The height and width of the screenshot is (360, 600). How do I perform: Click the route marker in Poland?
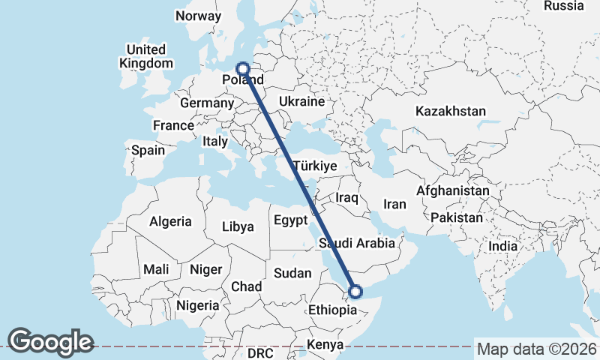click(x=242, y=68)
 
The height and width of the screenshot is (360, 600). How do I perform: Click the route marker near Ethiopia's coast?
click(x=355, y=292)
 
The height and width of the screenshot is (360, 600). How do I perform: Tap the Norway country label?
click(x=198, y=16)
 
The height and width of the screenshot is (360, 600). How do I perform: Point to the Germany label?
click(x=207, y=103)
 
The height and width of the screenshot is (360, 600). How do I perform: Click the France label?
click(x=173, y=125)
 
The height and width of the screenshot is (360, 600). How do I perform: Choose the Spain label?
click(x=148, y=150)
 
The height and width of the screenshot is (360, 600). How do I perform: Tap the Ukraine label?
click(x=301, y=101)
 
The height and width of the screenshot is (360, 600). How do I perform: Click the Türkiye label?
click(x=315, y=166)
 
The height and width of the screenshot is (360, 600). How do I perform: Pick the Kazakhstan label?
click(x=450, y=111)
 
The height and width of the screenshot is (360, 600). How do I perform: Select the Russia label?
click(x=563, y=6)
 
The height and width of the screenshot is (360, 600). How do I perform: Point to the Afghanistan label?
click(x=452, y=191)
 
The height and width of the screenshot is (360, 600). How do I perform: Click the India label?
click(x=502, y=246)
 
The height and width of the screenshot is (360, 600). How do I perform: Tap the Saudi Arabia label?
click(x=356, y=244)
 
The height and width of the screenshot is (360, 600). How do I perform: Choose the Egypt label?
click(x=290, y=220)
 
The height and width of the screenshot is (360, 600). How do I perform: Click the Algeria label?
click(x=171, y=222)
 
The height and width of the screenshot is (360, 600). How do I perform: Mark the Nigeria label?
click(x=198, y=305)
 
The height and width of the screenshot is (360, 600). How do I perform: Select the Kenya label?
click(x=325, y=345)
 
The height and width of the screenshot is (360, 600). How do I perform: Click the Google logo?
click(x=50, y=342)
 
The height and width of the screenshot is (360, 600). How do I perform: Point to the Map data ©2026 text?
click(x=536, y=349)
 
